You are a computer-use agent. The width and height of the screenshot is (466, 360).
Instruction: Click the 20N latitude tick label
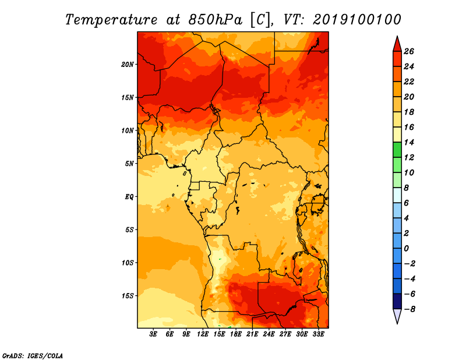pos(127,65)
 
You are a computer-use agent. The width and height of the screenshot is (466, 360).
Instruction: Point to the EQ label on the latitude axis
pos(129,197)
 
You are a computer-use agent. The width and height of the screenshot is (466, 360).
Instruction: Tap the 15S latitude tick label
pos(128,296)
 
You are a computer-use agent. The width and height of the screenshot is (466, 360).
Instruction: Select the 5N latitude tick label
pos(129,164)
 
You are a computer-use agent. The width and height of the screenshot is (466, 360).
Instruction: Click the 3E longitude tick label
pos(153,334)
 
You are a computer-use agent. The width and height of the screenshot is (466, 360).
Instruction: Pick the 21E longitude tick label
pos(252,334)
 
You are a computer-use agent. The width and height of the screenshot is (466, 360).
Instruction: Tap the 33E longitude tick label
pos(318,334)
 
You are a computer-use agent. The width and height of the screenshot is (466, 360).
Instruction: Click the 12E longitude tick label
pos(203,334)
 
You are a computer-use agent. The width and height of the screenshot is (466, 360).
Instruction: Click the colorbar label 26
pos(409,51)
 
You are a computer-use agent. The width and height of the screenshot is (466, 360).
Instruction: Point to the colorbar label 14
pos(409,142)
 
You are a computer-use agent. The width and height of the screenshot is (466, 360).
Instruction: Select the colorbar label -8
pos(409,309)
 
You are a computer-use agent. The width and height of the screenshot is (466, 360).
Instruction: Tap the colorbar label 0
pos(406,249)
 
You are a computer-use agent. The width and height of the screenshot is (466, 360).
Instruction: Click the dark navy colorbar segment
pos(397,301)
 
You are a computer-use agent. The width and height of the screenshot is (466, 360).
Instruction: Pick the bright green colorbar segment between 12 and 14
pos(397,150)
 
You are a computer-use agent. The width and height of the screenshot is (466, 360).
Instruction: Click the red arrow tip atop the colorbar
pos(397,36)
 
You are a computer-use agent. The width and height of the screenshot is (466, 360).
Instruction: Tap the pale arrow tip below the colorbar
pos(397,323)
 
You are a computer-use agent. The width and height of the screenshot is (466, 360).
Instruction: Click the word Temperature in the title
pos(111,20)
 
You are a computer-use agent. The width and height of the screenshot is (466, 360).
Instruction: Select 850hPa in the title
pos(215,20)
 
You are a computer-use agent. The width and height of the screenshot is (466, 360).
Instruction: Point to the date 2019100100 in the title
pos(356,20)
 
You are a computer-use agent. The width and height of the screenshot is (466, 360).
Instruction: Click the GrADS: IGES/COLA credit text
pos(33,356)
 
